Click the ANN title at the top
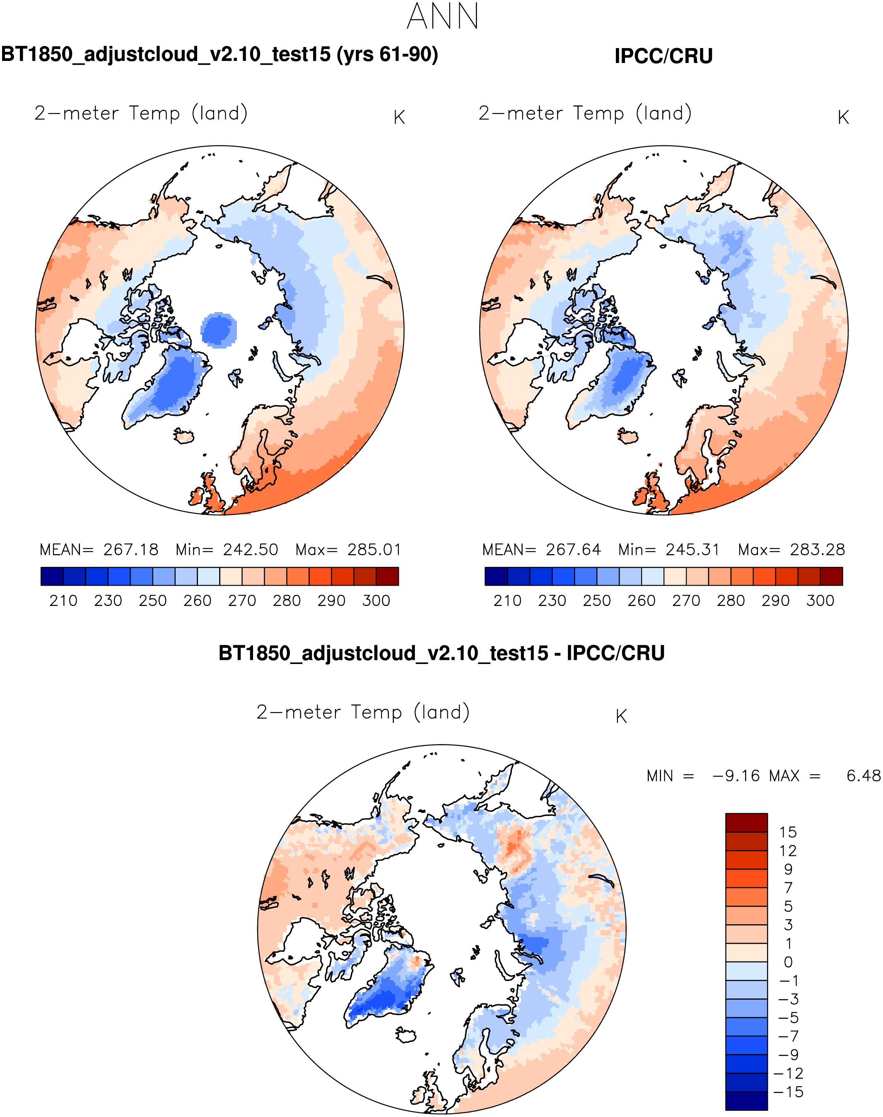[x=442, y=17]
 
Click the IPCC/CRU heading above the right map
[x=663, y=56]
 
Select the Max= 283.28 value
[x=791, y=550]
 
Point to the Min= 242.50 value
[x=227, y=550]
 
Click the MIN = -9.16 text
[x=703, y=776]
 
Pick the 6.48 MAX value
[x=863, y=776]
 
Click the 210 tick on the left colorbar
[x=63, y=601]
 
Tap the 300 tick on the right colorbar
[x=820, y=601]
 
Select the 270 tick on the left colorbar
[x=242, y=601]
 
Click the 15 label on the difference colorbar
[x=788, y=832]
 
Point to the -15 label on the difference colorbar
[x=788, y=1092]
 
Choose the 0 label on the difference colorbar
[x=788, y=962]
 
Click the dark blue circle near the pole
[x=219, y=329]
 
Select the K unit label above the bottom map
[x=621, y=717]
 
